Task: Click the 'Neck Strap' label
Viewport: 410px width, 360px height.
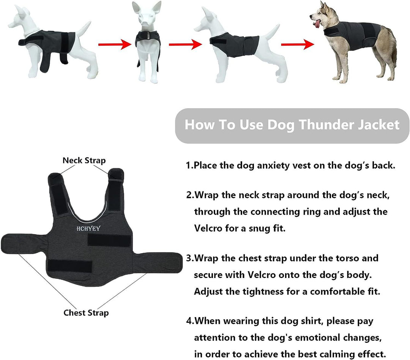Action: click(84, 161)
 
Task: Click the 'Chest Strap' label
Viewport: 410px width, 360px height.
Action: click(86, 313)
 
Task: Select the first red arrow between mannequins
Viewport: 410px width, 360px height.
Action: click(113, 45)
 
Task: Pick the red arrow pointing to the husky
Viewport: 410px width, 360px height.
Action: click(297, 45)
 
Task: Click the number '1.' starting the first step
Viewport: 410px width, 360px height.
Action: click(189, 166)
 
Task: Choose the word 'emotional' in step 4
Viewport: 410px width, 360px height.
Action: click(322, 338)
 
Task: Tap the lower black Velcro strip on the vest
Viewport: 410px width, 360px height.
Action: click(70, 266)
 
